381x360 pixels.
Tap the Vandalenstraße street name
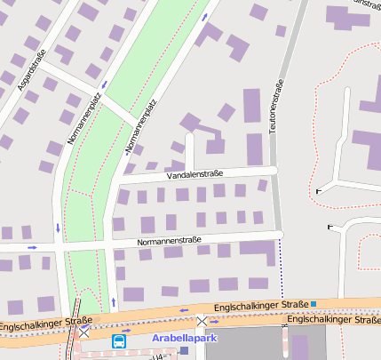[x=194, y=174]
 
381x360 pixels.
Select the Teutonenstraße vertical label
[x=278, y=108]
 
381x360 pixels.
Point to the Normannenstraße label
[x=170, y=241]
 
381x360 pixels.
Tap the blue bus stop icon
[x=118, y=340]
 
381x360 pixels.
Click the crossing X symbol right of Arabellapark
[x=203, y=321]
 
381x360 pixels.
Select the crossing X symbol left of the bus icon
[x=84, y=331]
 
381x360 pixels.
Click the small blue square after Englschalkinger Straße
[x=314, y=305]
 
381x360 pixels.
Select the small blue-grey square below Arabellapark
[x=184, y=351]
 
